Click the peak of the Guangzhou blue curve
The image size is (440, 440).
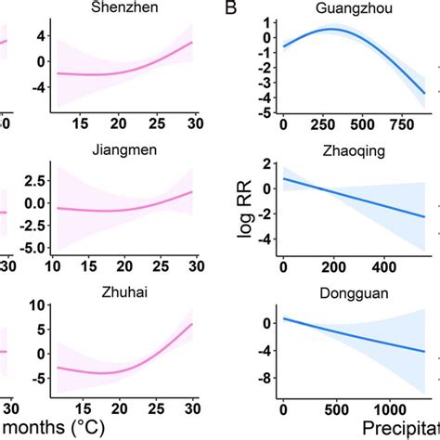coord(334,30)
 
